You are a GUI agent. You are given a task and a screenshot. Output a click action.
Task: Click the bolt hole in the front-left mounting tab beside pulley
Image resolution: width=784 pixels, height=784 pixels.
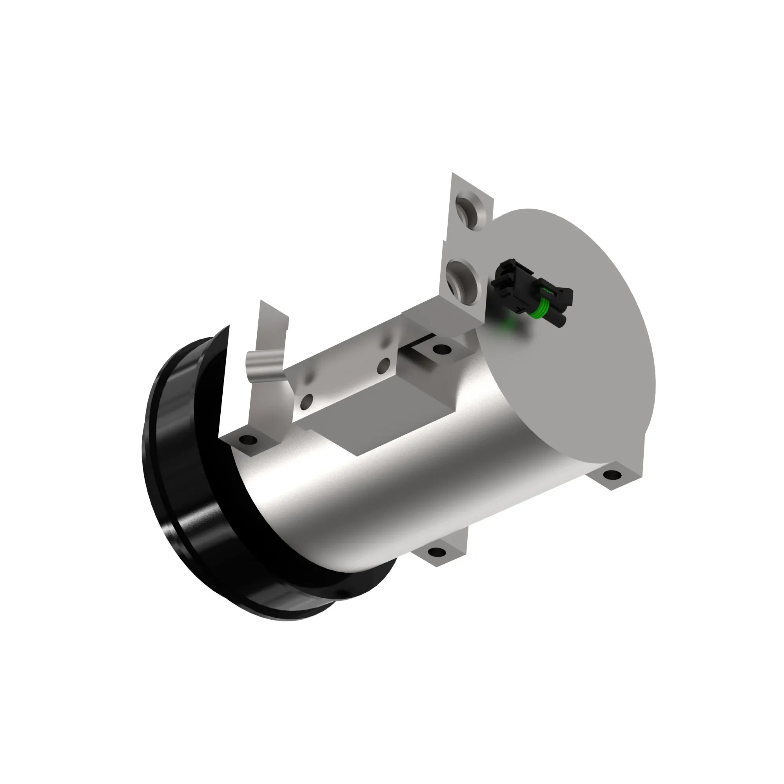(247, 439)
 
